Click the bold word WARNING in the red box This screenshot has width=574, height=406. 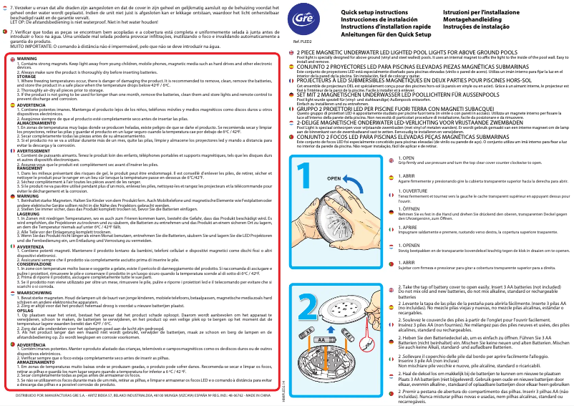[x=27, y=57]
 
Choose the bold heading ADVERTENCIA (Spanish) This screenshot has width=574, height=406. [x=31, y=104]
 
